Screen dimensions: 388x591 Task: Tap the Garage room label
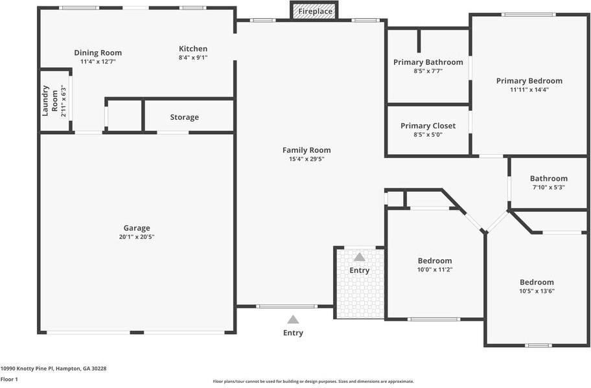(x=137, y=228)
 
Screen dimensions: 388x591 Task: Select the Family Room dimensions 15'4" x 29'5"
(x=306, y=159)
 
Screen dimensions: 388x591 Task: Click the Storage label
(x=184, y=117)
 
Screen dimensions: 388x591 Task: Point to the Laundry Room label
(x=50, y=101)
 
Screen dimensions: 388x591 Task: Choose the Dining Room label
(x=98, y=53)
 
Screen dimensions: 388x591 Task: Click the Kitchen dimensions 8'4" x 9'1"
(x=193, y=58)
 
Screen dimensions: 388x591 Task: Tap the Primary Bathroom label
(x=428, y=62)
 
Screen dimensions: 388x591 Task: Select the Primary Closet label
(x=428, y=126)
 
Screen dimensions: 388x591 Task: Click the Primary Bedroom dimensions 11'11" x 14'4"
(x=529, y=90)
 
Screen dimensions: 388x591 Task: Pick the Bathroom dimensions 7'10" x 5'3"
(x=548, y=187)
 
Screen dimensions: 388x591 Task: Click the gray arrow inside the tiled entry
(x=359, y=257)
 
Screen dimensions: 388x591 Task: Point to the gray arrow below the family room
(x=293, y=319)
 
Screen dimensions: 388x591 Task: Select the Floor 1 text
(x=9, y=379)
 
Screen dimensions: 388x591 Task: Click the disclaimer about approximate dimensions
(x=313, y=382)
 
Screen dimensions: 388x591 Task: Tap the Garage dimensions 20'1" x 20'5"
(x=137, y=237)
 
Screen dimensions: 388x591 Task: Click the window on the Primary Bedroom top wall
(x=528, y=15)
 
